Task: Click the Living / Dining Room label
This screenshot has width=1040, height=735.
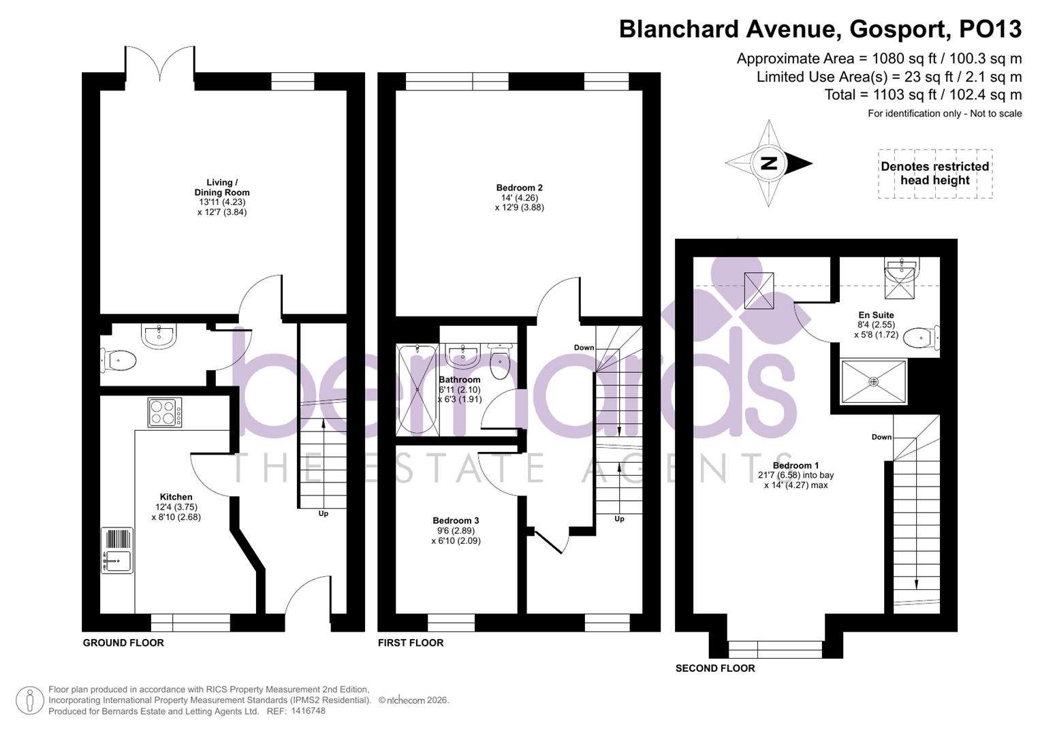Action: point(222,187)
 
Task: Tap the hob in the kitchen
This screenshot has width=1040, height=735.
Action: point(165,412)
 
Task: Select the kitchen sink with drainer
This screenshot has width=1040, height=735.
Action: point(117,551)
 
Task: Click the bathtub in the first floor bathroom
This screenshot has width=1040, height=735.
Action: point(417,389)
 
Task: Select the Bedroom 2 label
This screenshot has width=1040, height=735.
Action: point(519,188)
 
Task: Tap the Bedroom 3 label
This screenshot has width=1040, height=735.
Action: point(456,521)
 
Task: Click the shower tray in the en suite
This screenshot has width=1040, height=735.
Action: point(874,381)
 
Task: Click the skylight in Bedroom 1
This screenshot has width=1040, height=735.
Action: point(759,291)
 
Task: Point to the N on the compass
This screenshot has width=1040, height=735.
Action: point(769,163)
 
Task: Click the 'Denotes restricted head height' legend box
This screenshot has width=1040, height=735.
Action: point(934,174)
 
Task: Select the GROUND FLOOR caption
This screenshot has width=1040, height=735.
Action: point(123,642)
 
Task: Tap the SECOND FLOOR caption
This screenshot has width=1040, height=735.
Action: point(715,668)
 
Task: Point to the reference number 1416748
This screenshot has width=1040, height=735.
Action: point(308,710)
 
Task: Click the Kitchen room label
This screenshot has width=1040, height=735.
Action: point(176,497)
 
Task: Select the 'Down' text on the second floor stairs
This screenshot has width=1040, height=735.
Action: point(881,437)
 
